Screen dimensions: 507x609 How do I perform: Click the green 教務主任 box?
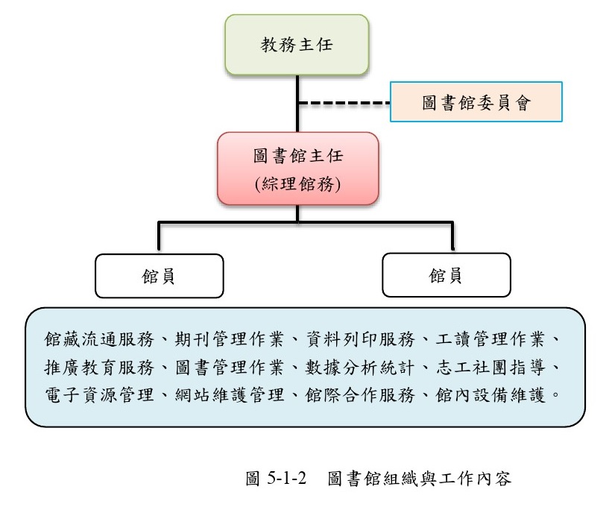click(297, 45)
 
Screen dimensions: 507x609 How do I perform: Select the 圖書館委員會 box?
click(476, 101)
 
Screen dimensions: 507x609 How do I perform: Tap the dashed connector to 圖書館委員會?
click(344, 101)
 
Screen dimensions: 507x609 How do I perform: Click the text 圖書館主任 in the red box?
click(297, 157)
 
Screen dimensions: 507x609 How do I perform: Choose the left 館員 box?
click(159, 276)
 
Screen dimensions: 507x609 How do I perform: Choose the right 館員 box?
click(446, 276)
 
